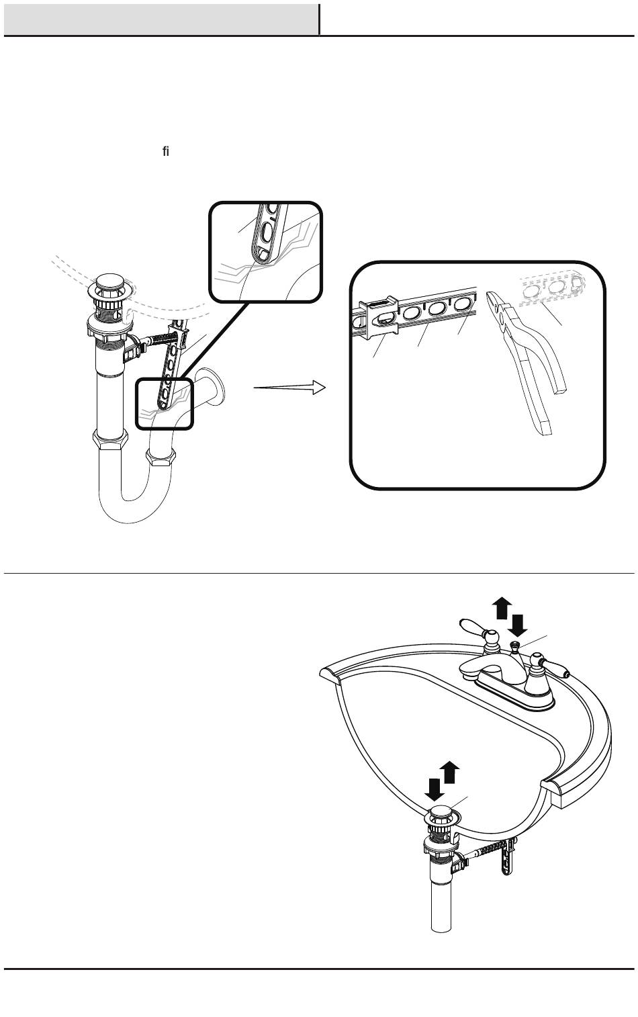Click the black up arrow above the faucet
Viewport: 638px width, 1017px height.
coord(501,609)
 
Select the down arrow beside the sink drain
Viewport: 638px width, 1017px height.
coord(435,787)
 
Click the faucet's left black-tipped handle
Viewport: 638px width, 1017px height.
coord(476,629)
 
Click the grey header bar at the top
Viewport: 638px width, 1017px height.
coord(161,19)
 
